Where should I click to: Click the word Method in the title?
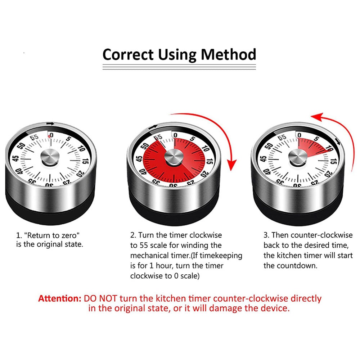tap(229, 54)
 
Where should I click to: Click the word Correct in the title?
tap(128, 55)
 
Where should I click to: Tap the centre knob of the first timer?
tap(50, 157)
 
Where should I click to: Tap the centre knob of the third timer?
tap(298, 157)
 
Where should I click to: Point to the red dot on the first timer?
tap(49, 136)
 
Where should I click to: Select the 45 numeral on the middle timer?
tap(139, 159)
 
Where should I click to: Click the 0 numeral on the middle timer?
tap(175, 135)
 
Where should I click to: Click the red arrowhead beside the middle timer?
tap(232, 165)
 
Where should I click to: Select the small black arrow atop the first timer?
tap(50, 124)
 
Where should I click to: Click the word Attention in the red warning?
tap(60, 298)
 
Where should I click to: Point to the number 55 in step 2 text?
tap(144, 246)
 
